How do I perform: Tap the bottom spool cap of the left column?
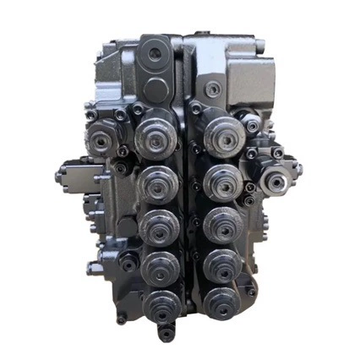(158, 306)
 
